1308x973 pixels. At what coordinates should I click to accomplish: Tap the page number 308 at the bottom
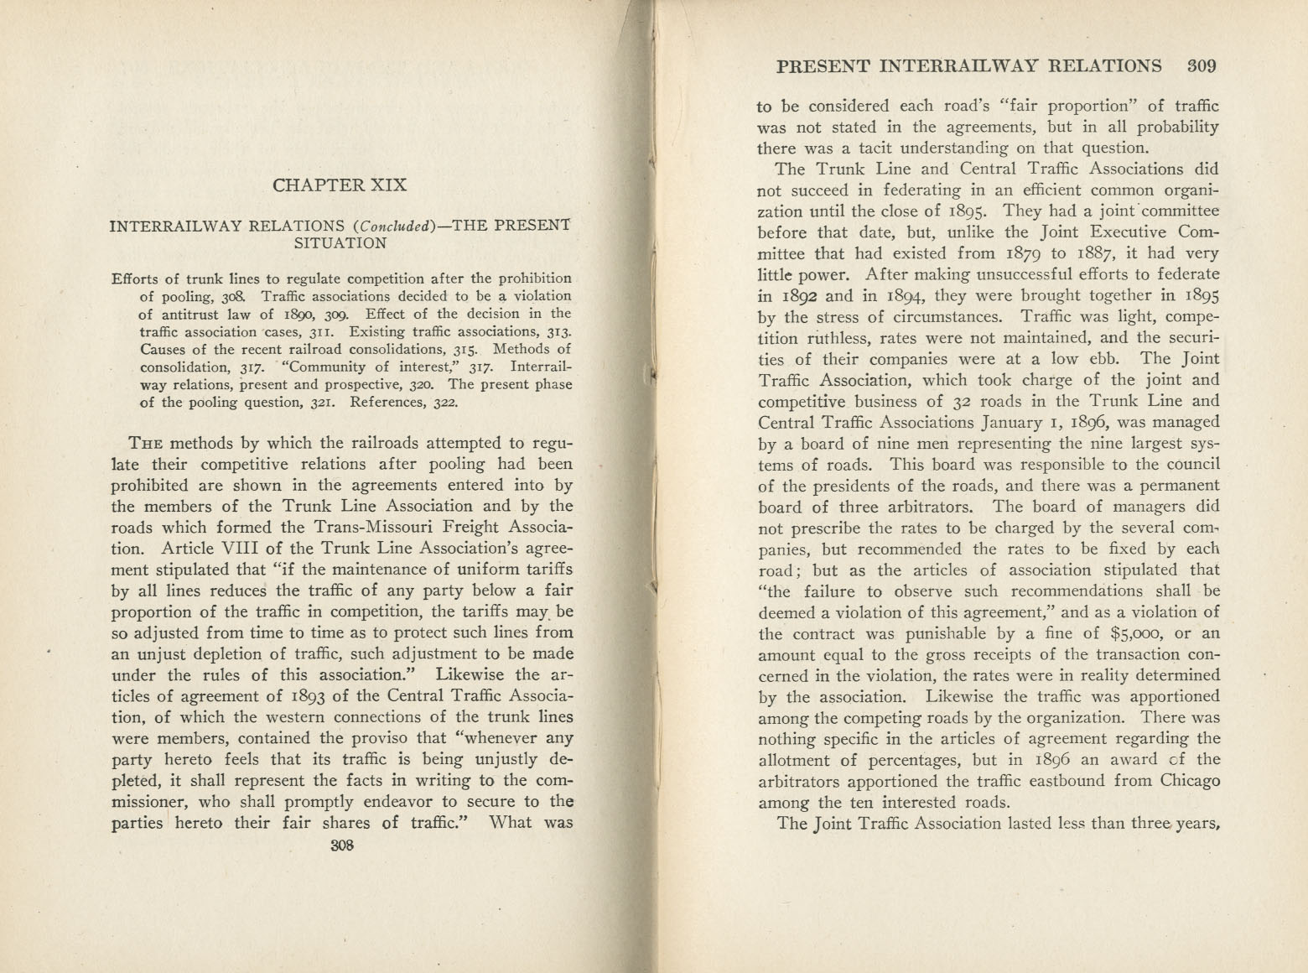click(342, 846)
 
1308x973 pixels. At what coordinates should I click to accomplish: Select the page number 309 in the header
click(1201, 66)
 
